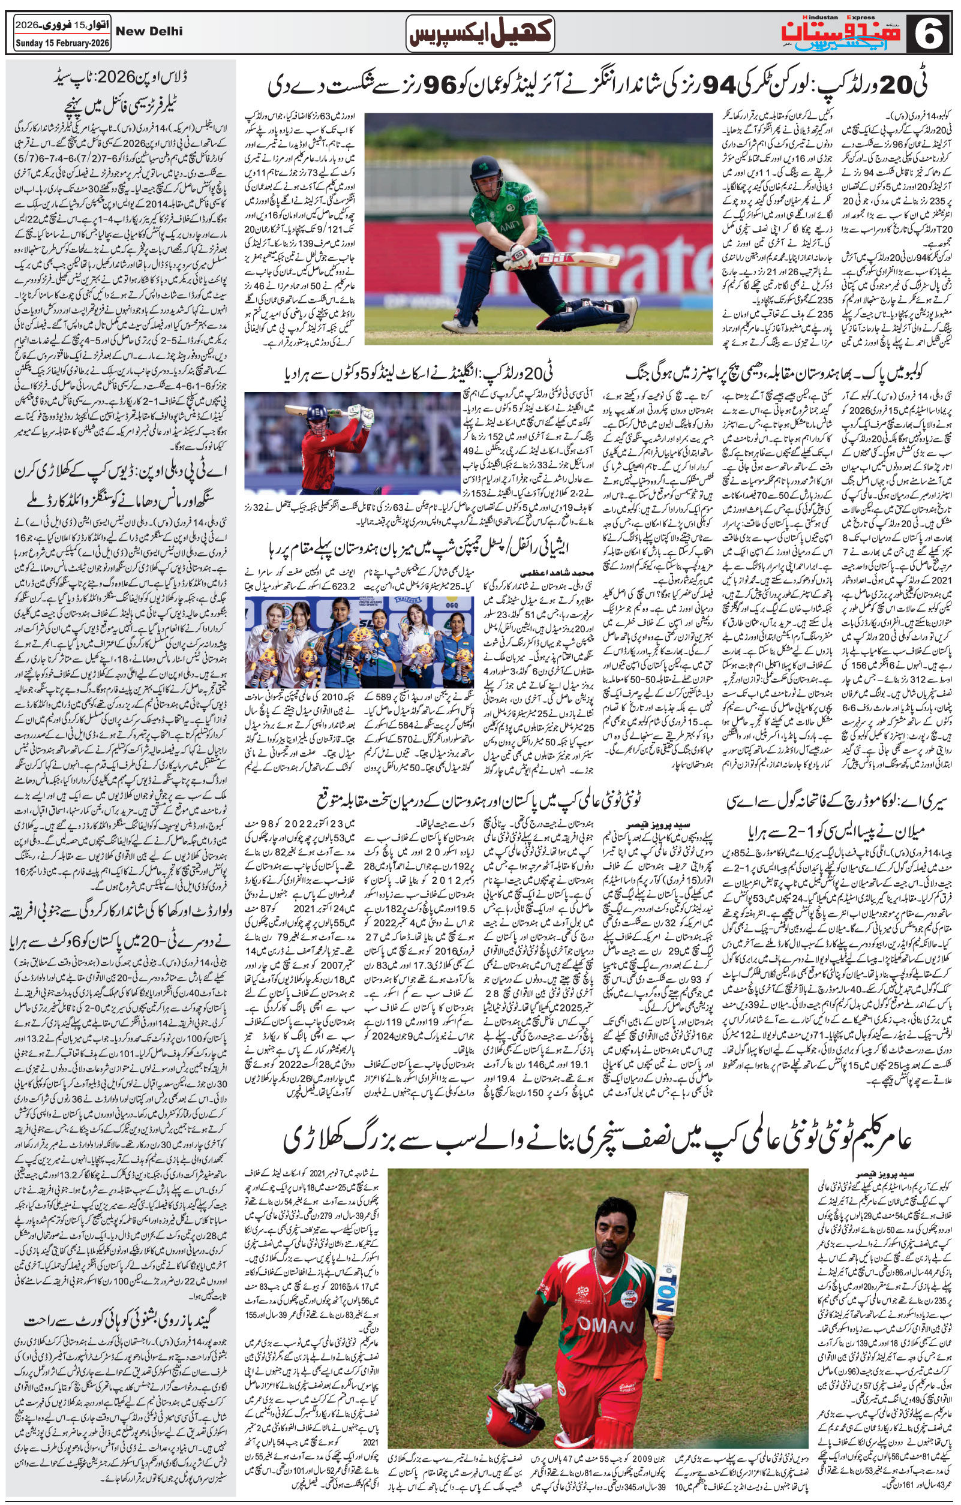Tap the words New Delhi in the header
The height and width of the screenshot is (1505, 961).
(150, 31)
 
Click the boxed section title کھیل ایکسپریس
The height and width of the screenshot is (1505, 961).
(480, 34)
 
